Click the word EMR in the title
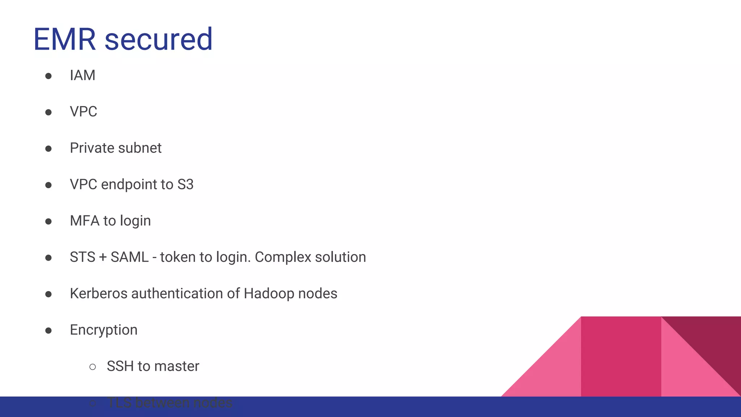64,39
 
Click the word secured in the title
158,39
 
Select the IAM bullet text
82,75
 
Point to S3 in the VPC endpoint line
185,185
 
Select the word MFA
84,221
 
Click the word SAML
130,257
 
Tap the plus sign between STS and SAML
103,257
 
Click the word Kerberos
98,294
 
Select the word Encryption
103,330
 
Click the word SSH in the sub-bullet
120,366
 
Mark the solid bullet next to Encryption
48,330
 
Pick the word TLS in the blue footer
119,403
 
